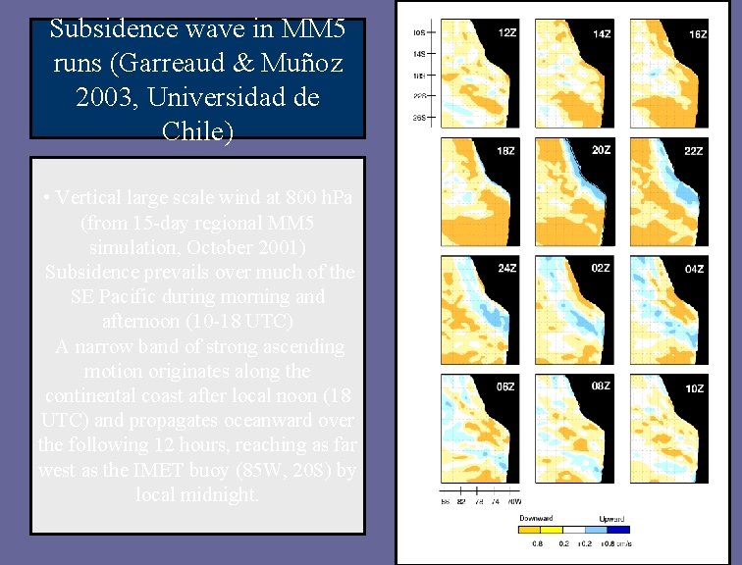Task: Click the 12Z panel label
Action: point(507,33)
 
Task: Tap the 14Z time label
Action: point(601,33)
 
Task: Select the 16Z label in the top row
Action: point(697,34)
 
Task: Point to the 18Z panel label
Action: point(507,151)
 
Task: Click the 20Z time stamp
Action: point(601,150)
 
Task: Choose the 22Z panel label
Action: point(695,151)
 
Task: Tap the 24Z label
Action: point(506,269)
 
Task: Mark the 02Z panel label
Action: point(601,268)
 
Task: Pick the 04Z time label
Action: point(695,269)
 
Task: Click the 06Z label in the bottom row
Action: point(506,386)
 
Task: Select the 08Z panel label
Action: point(601,386)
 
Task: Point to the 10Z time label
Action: point(695,388)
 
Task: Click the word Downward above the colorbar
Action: point(536,518)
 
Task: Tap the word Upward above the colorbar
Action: point(612,518)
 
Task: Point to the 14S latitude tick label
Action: point(419,53)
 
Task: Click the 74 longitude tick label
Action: point(495,500)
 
